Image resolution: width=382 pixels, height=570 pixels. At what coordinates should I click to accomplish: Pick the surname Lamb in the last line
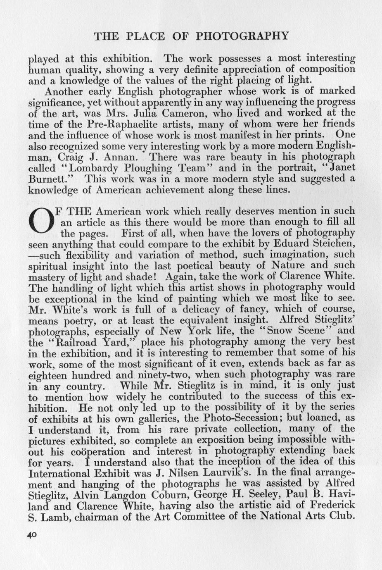(x=55, y=517)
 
